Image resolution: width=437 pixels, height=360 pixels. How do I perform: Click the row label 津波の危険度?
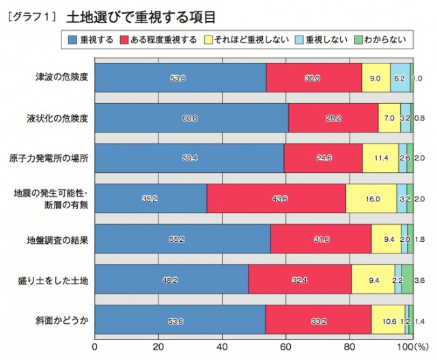pos(61,77)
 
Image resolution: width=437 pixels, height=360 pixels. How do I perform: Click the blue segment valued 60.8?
pos(191,117)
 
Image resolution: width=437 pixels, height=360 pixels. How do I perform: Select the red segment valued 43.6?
pos(276,198)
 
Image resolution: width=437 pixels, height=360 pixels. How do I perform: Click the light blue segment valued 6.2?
pos(400,77)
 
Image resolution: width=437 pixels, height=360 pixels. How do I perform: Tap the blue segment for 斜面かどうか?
pos(180,320)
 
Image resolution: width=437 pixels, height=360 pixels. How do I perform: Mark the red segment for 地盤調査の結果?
pos(320,239)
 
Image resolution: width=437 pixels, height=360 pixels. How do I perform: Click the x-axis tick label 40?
pos(222,346)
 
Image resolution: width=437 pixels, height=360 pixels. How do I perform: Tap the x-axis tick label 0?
pos(95,346)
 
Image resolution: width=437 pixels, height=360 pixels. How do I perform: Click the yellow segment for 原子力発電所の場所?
pos(380,158)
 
